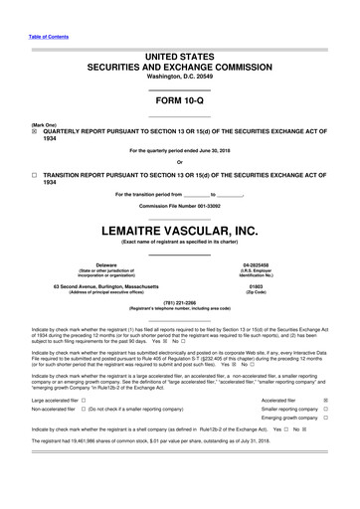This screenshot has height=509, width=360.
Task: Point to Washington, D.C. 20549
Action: [x=179, y=76]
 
